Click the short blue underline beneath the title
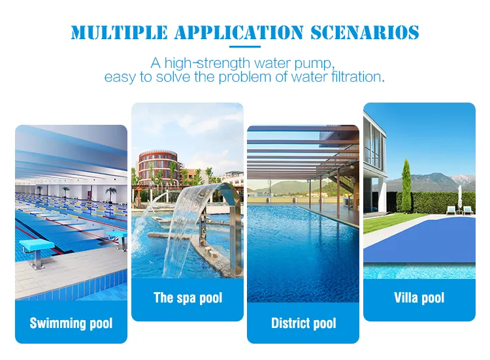(245, 48)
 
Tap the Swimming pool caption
(71, 323)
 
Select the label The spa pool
(188, 298)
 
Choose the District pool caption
(303, 323)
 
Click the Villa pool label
(419, 298)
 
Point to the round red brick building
(157, 167)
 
